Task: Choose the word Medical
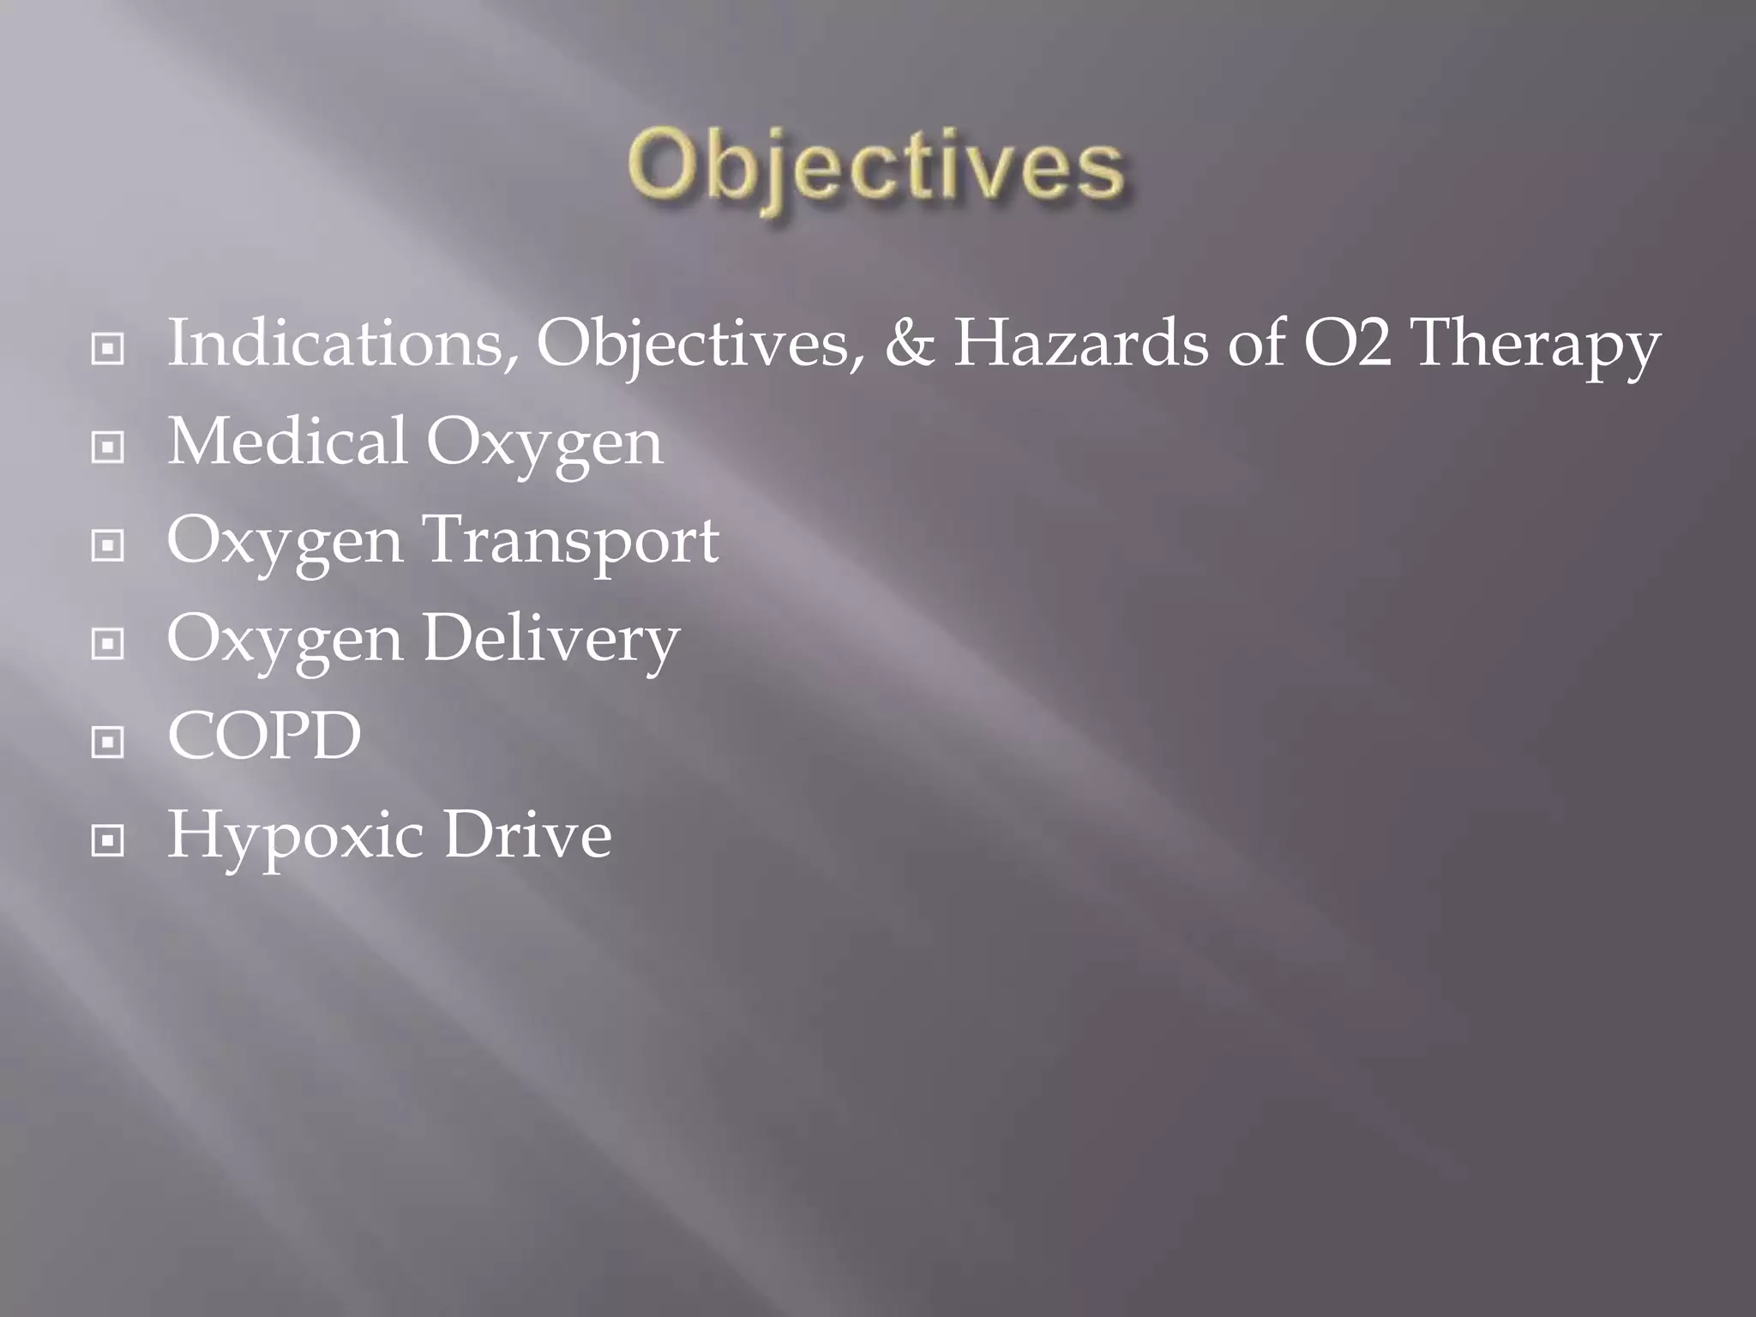click(x=286, y=442)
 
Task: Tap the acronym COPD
click(x=264, y=737)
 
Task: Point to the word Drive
click(x=526, y=834)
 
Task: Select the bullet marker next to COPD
click(x=108, y=742)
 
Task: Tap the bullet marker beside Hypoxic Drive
click(x=108, y=840)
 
